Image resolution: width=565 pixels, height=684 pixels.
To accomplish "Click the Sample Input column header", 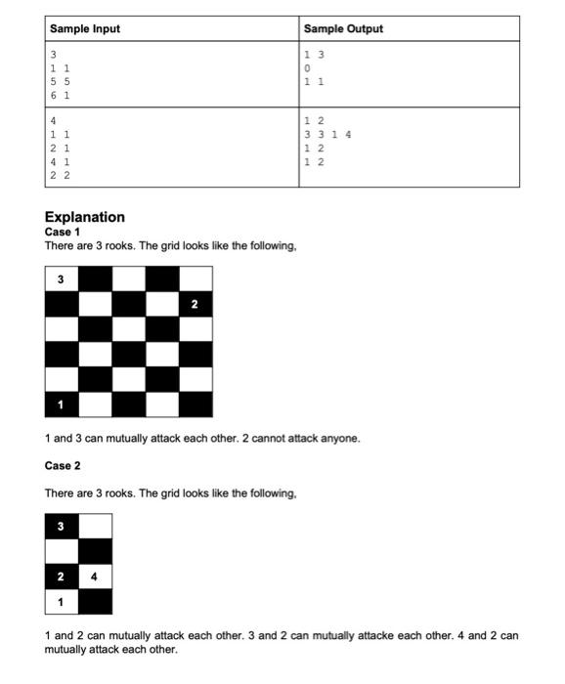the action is (x=85, y=29).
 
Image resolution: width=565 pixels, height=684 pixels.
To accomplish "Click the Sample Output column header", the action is (x=343, y=29).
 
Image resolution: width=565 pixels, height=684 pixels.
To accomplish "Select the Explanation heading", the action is (x=85, y=217).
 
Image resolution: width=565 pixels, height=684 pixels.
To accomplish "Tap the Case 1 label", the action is (x=63, y=232).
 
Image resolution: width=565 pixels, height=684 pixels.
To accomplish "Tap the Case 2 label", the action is (x=63, y=465).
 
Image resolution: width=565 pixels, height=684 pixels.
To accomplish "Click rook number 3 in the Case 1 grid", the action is (x=61, y=279).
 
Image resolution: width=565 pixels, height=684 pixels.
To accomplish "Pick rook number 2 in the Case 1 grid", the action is (x=195, y=305).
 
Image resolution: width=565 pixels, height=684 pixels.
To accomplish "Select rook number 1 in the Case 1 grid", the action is (x=61, y=405).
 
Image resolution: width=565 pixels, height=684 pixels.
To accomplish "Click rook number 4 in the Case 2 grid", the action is (x=94, y=577).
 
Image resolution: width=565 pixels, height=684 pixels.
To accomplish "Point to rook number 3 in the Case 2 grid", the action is (x=61, y=527).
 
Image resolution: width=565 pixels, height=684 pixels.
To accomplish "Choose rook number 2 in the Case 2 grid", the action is (x=61, y=577).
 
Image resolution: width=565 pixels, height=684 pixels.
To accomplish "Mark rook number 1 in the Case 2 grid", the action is (x=61, y=601).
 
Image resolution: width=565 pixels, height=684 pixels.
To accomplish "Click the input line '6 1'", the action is (x=60, y=97).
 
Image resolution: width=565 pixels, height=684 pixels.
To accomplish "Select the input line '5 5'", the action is (x=60, y=83).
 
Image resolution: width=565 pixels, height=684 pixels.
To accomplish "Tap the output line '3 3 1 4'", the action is (x=327, y=134).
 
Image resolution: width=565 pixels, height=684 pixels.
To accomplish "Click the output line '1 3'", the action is (x=314, y=55).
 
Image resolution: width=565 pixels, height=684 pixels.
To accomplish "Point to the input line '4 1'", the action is (x=60, y=161).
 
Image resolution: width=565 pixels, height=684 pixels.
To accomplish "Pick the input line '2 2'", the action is (x=60, y=175).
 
